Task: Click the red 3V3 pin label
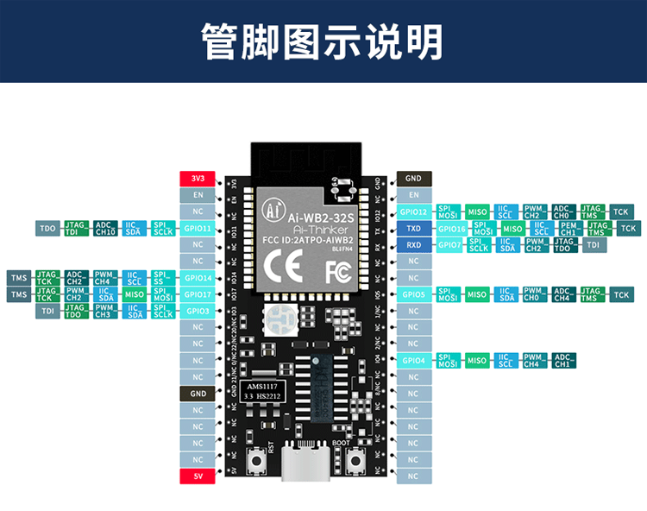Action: click(198, 179)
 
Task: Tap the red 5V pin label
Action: click(198, 476)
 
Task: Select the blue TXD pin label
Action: click(413, 229)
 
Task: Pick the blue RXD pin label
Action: click(413, 245)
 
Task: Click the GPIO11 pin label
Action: click(198, 229)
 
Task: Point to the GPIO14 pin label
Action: click(198, 278)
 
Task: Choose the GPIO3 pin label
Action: click(198, 311)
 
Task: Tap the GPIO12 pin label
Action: click(414, 212)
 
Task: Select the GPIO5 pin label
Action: click(414, 294)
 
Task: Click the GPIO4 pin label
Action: click(414, 360)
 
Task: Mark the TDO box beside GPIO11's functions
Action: click(47, 229)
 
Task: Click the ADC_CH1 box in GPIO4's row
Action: click(564, 360)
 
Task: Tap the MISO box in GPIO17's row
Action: click(134, 294)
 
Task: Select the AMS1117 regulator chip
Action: click(264, 391)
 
